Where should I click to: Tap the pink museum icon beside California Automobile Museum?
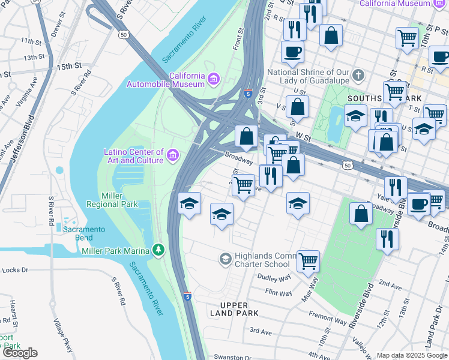click(x=213, y=79)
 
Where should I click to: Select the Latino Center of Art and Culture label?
click(x=133, y=157)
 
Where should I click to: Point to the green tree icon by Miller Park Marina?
click(x=158, y=249)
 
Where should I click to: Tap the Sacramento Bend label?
click(x=85, y=233)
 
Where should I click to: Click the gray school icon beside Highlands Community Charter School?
click(x=225, y=259)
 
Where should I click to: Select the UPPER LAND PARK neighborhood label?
click(x=235, y=308)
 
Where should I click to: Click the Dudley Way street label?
click(x=274, y=277)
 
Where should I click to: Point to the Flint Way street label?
click(x=279, y=293)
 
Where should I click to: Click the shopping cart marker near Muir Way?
click(x=308, y=260)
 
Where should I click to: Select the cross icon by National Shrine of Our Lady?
click(x=358, y=76)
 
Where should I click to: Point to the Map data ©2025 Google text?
click(x=411, y=355)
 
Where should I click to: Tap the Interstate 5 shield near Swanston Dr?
click(x=188, y=296)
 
